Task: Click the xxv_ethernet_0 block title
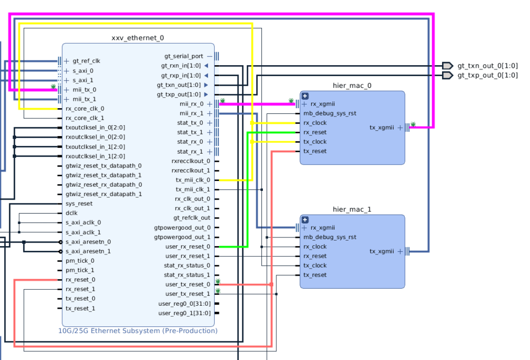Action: pos(138,38)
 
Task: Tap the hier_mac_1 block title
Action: pos(352,209)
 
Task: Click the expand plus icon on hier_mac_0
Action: pos(305,96)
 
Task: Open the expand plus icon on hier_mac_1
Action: pos(305,219)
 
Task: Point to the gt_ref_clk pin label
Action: pos(86,61)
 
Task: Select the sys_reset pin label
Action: pos(79,203)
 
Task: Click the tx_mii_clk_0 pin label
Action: pos(193,180)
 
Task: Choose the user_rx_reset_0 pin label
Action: pos(188,246)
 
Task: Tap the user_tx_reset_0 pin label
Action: pos(188,284)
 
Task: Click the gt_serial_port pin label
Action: pos(184,56)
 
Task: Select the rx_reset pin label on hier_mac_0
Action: pos(315,132)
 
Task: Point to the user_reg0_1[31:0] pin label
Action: pos(184,313)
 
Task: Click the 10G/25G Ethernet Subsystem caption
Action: pos(138,331)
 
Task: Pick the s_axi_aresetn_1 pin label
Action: pos(88,251)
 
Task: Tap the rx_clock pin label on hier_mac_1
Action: pos(315,246)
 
